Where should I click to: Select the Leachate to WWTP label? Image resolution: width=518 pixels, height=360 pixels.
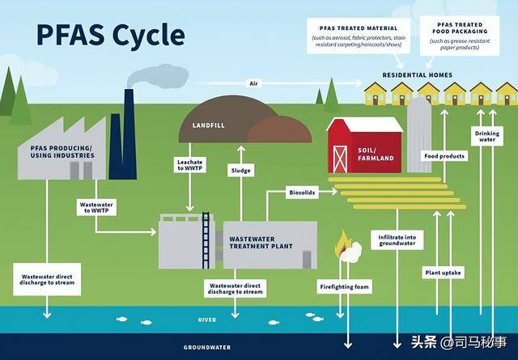(189, 164)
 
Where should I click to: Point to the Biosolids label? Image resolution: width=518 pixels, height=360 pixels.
(302, 193)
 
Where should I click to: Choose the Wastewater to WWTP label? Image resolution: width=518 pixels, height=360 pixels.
(95, 207)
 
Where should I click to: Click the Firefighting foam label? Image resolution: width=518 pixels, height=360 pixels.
(343, 287)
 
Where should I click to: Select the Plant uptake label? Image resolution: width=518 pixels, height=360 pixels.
(443, 273)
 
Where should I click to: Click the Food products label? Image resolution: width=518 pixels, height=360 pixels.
(444, 155)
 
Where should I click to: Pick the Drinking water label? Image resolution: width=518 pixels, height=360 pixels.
(486, 135)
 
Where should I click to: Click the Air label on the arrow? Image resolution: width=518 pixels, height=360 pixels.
(253, 83)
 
